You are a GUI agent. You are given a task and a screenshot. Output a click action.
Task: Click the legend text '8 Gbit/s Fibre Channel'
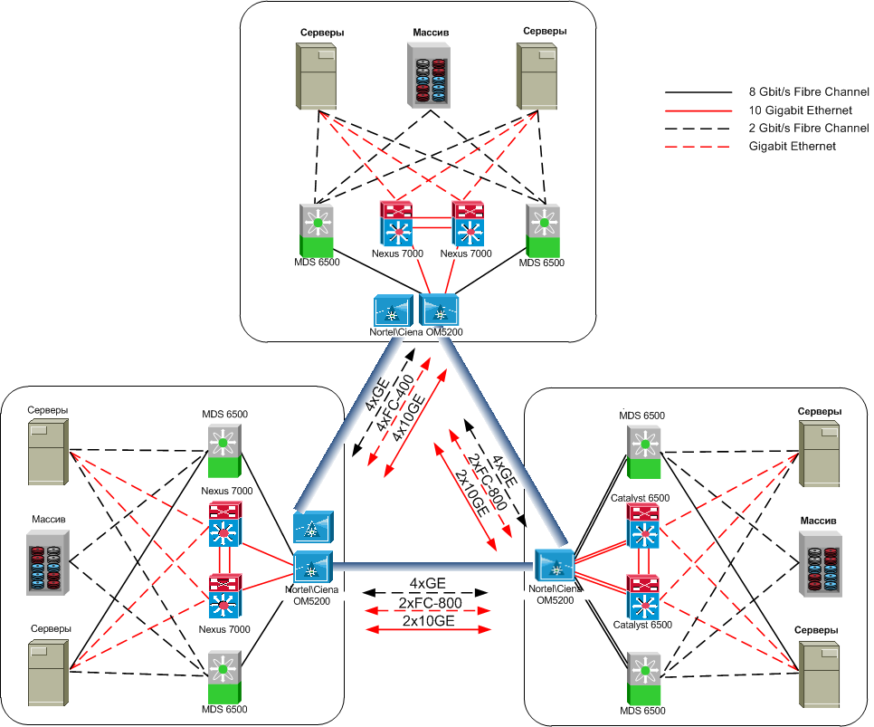pos(808,92)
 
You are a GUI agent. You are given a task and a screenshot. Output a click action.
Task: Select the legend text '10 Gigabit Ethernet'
pos(800,110)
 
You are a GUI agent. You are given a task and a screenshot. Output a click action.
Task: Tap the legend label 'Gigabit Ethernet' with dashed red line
pos(792,146)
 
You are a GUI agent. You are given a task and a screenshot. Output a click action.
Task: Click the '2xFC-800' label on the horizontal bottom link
pos(431,603)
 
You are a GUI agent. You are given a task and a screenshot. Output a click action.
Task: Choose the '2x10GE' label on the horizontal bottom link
pos(431,622)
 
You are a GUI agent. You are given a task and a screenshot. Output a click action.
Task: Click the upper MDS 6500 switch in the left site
pos(222,451)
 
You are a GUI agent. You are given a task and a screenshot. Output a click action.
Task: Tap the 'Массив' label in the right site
pos(816,521)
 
